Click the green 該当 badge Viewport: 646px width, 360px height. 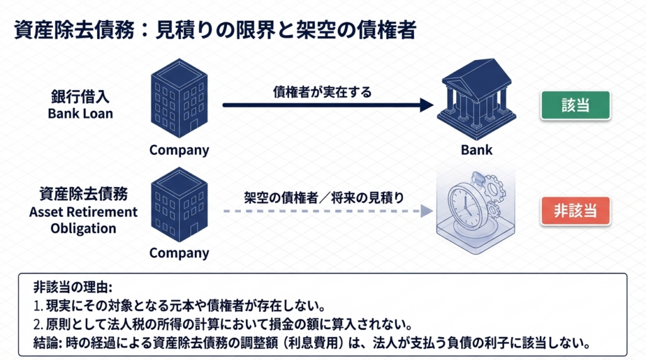click(575, 105)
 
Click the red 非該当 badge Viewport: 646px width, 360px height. click(575, 211)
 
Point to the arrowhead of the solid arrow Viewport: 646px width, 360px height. click(427, 105)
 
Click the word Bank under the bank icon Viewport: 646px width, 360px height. click(477, 150)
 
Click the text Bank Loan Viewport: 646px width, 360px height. click(80, 114)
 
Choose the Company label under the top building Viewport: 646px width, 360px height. click(179, 150)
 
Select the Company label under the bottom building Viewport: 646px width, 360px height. click(179, 253)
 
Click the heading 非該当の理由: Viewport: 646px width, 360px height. click(72, 288)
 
